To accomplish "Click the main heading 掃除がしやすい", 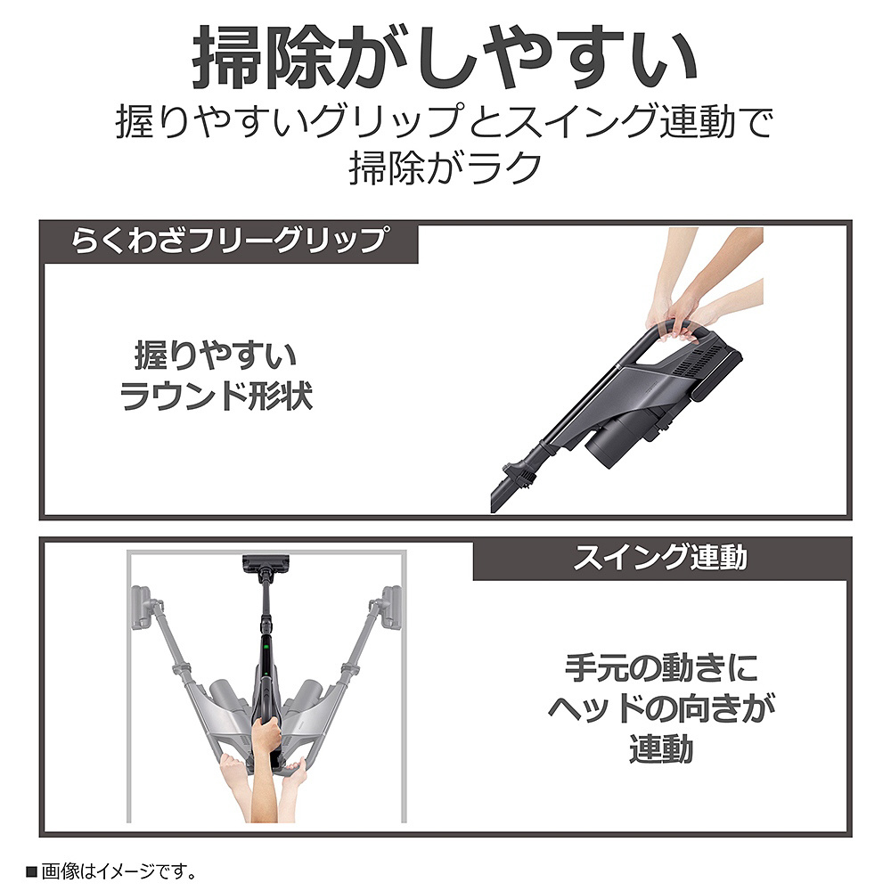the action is click(445, 57).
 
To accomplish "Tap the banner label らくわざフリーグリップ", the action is click(230, 240).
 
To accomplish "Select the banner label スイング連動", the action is click(660, 558).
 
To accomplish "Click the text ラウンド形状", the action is click(216, 396).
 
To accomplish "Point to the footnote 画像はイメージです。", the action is click(119, 871).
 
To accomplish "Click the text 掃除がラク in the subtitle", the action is click(445, 168).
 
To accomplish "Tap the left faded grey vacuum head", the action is click(141, 608).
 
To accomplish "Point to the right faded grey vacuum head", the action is click(391, 608).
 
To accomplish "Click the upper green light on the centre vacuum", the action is click(266, 646).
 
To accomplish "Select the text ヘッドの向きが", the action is click(661, 708).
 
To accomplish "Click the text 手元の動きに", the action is click(661, 667).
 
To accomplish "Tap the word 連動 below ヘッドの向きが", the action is click(661, 748).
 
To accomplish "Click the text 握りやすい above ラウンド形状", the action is click(216, 356).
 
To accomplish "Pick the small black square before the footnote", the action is click(32, 871).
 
